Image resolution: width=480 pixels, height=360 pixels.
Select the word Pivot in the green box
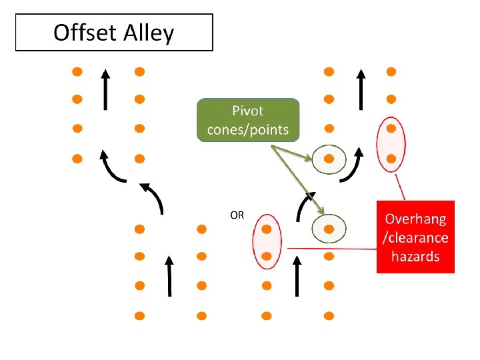(x=248, y=111)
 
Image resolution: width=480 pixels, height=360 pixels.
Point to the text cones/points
(x=248, y=129)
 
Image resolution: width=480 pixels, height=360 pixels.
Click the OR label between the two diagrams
(x=237, y=215)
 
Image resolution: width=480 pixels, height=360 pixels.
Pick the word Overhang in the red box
(x=415, y=219)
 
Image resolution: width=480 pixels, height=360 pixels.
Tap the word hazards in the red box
(x=415, y=256)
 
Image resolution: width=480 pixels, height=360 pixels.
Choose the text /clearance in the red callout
(x=415, y=237)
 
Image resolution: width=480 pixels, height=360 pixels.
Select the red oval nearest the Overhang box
(x=391, y=143)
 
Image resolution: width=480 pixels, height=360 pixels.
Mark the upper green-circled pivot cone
(x=329, y=159)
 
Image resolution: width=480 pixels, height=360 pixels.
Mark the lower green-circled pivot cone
(x=329, y=229)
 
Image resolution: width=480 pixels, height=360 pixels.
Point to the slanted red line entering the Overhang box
(x=401, y=187)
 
